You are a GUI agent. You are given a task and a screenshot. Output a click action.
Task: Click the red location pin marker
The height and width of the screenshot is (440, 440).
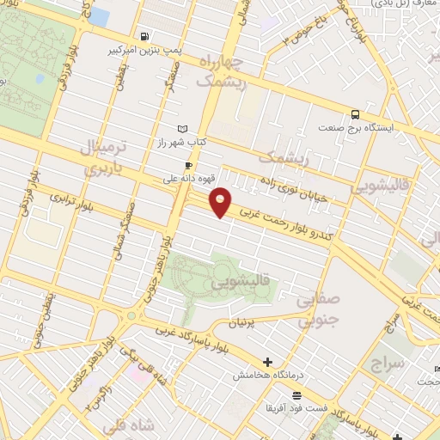pos(221,202)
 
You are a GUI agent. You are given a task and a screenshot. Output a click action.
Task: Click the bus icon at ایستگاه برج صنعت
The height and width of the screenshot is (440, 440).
pos(354,113)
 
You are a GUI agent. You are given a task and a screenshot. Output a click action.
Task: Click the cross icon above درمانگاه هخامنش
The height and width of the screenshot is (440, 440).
pos(267,362)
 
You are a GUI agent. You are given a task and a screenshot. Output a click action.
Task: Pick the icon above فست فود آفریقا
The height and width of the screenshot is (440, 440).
pos(296,394)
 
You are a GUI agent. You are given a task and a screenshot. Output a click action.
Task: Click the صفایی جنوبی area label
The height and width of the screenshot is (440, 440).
pos(319,311)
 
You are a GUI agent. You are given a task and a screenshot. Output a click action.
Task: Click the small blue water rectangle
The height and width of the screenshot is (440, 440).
pos(99,16)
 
